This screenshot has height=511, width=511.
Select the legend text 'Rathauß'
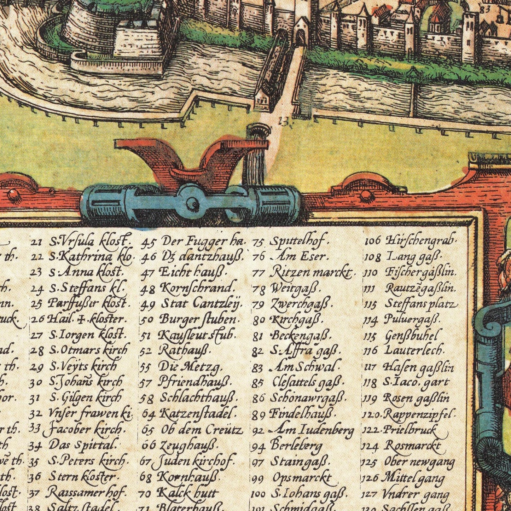184,350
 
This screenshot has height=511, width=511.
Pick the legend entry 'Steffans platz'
420,304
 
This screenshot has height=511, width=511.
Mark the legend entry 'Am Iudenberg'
312,430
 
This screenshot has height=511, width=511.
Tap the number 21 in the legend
36,243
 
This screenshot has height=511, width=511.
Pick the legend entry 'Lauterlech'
413,350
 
